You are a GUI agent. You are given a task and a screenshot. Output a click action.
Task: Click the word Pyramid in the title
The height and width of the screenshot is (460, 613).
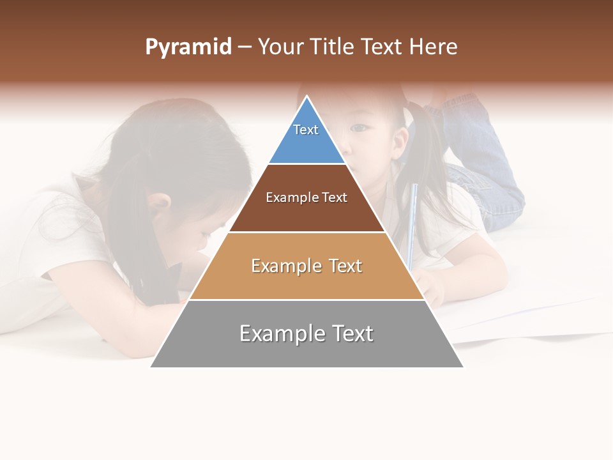point(188,47)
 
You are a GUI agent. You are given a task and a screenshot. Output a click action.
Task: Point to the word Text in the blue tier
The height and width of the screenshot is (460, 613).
point(306,130)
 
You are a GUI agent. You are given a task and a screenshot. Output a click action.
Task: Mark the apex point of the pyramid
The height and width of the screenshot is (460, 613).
point(307,96)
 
